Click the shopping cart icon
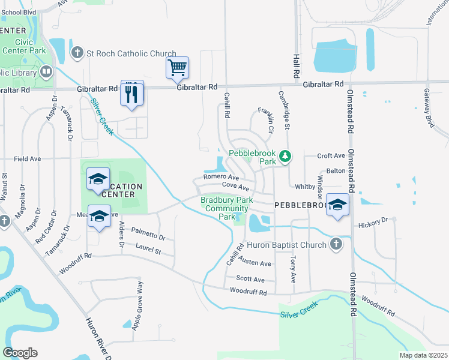(x=178, y=68)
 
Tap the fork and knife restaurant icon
(x=132, y=93)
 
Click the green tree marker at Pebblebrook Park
(x=286, y=157)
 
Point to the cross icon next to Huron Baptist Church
(x=336, y=244)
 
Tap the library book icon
(x=46, y=73)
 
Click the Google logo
(x=20, y=352)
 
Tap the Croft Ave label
(x=331, y=156)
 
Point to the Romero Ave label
(x=221, y=177)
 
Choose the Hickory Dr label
(x=373, y=223)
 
